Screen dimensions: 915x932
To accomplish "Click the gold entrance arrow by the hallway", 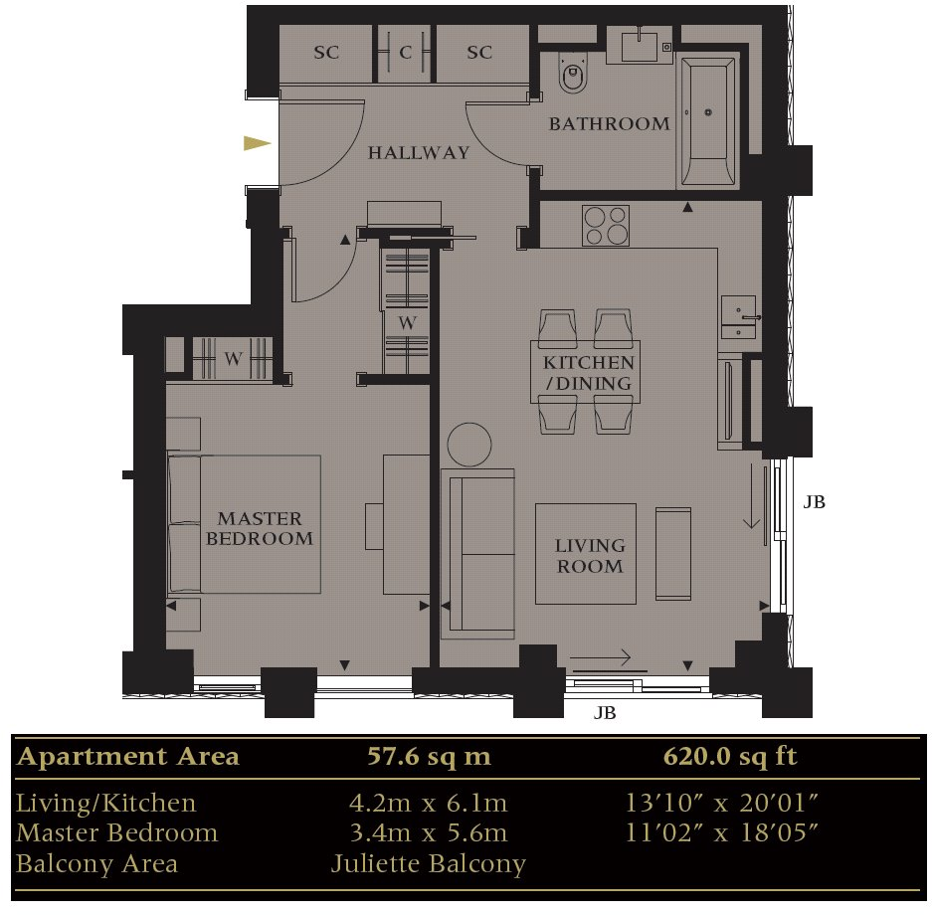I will pos(258,143).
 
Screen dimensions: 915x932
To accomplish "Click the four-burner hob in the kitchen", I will pos(605,225).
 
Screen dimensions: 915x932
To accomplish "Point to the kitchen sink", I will pos(737,317).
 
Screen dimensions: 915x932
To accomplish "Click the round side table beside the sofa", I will pos(468,445).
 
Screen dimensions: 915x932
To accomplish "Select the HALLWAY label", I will pos(418,153).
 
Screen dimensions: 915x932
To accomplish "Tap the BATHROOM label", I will pos(609,124).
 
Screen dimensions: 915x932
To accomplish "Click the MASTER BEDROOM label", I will pos(260,529).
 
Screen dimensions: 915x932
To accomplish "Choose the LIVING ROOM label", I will pos(590,556).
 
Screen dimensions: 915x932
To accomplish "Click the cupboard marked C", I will pos(405,53).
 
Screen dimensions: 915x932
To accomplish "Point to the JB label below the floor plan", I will pos(605,713).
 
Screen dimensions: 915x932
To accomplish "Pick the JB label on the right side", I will pos(814,502).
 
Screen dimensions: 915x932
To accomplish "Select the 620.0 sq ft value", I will pos(730,757).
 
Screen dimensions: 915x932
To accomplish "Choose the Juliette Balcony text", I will pos(429,863).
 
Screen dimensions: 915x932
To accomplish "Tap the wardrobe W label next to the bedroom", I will pos(233,359).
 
